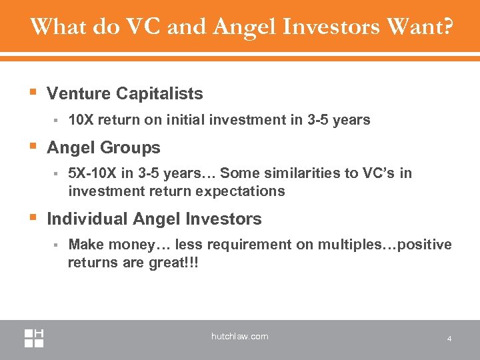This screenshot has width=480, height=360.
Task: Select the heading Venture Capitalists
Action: (x=125, y=93)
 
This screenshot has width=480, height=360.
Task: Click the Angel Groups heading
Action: (x=103, y=147)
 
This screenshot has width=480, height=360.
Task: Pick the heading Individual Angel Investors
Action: (x=154, y=219)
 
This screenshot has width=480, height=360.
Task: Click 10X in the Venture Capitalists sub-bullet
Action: (x=81, y=120)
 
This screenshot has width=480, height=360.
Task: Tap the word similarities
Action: (x=317, y=174)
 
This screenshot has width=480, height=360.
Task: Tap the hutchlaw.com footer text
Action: (x=239, y=337)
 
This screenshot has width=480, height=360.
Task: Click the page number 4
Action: (x=449, y=339)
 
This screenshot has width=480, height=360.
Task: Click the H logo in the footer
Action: (x=35, y=337)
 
